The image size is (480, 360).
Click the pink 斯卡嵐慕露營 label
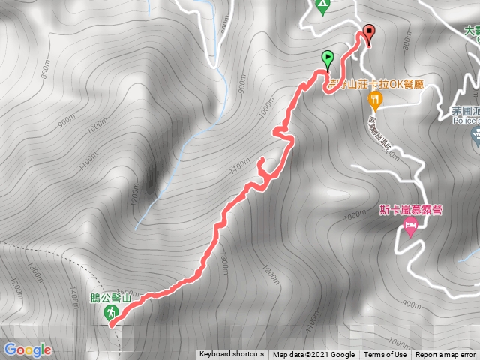[x=410, y=210]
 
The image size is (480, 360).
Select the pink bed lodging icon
[x=410, y=226]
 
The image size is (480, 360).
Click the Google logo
[x=27, y=349]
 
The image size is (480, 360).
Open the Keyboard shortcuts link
[x=231, y=355]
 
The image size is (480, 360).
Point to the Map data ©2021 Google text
[x=313, y=355]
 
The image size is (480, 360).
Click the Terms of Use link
[x=385, y=355]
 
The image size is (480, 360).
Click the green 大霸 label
[x=471, y=31]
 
